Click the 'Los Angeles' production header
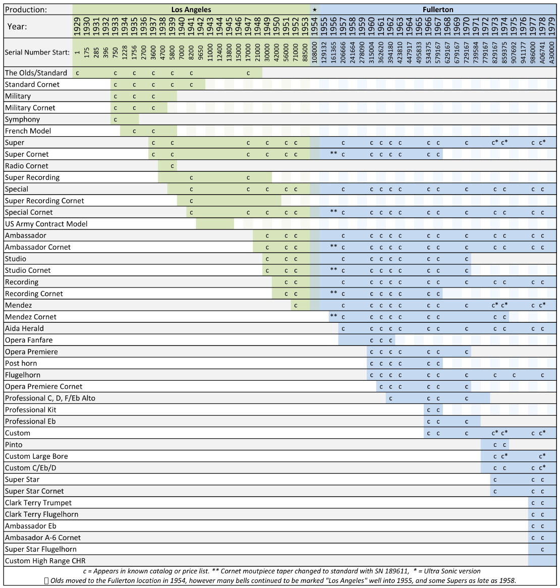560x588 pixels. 191,10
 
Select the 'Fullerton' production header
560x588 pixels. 437,10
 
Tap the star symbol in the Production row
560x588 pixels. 315,10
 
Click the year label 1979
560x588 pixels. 551,26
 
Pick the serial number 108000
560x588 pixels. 315,52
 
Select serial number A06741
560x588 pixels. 542,52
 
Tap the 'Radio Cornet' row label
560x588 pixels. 27,166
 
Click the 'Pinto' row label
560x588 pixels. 14,445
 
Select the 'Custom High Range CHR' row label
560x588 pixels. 45,561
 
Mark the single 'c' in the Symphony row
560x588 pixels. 116,120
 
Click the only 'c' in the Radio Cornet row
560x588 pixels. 173,166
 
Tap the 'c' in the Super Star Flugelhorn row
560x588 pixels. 542,549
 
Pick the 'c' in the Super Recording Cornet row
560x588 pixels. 191,201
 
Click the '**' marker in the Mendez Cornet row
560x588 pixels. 333,316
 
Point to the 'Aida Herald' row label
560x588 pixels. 24,328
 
